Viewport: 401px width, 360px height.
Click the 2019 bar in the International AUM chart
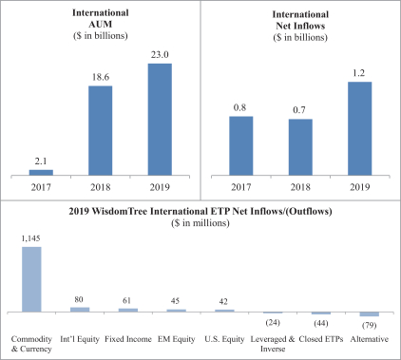coord(160,120)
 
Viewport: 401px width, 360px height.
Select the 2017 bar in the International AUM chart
coord(41,173)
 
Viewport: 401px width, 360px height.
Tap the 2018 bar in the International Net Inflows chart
coord(300,147)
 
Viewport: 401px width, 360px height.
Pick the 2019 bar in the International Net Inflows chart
coord(360,128)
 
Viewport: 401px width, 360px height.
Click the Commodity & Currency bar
coord(31,279)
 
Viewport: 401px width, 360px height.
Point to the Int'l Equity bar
coord(80,310)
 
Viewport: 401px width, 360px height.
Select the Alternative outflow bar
coord(370,314)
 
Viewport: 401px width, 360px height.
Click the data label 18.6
coord(101,77)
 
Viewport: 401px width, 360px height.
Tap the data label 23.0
coord(160,55)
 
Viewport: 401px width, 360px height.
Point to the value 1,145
coord(30,238)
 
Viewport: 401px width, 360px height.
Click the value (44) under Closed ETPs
coord(321,323)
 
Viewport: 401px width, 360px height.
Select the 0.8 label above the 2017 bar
coord(239,107)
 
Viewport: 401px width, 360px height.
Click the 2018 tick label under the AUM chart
coord(101,187)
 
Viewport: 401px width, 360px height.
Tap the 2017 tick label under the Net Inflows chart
coord(241,187)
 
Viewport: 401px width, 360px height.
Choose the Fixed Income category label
coord(128,339)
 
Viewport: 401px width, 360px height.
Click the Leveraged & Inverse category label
coord(273,344)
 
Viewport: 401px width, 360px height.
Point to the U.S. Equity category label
coord(224,339)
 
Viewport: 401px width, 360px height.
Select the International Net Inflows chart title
coord(300,20)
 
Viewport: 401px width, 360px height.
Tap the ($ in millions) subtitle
coord(200,223)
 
